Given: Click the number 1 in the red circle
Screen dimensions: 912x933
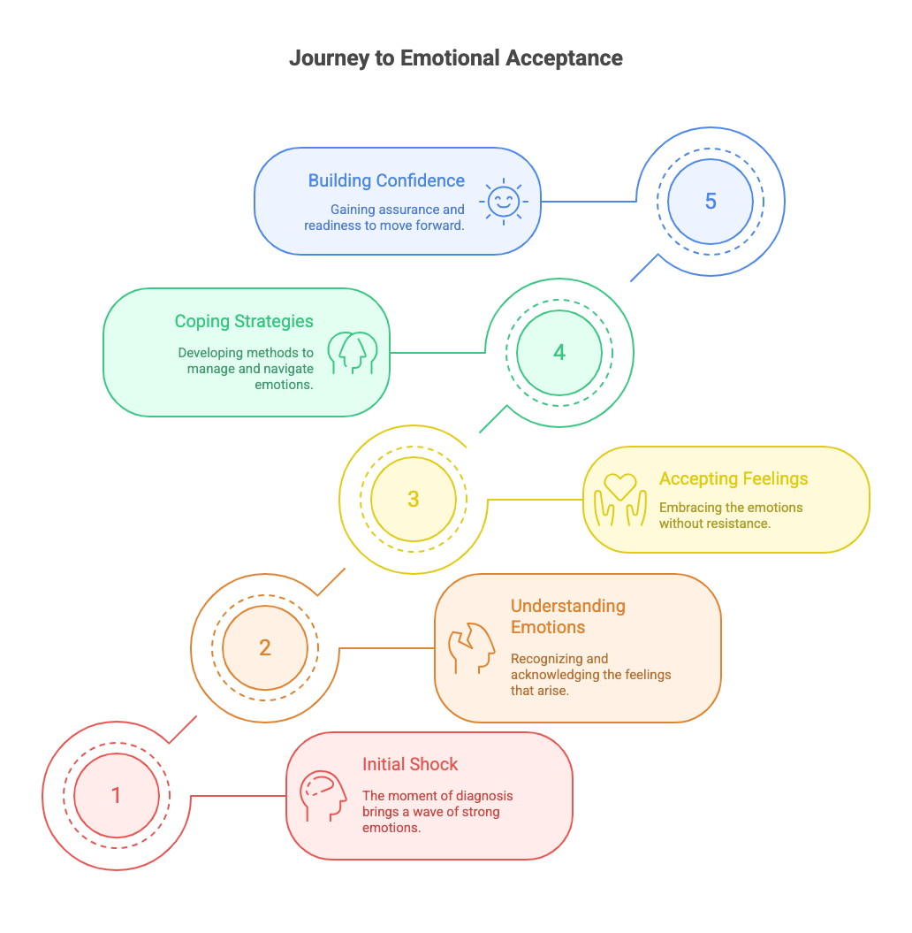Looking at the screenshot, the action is pyautogui.click(x=117, y=795).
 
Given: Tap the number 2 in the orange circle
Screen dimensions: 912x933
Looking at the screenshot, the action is pyautogui.click(x=265, y=647).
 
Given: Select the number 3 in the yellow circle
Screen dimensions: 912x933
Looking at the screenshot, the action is pyautogui.click(x=414, y=500).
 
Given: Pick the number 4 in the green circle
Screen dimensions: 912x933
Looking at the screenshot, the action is pyautogui.click(x=559, y=352).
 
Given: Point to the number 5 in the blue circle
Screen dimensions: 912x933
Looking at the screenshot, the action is pyautogui.click(x=711, y=201).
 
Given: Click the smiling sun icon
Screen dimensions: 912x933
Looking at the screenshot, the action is pyautogui.click(x=504, y=201).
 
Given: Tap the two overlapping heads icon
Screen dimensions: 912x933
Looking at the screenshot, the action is pyautogui.click(x=353, y=353).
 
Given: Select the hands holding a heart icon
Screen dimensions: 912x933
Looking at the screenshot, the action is pyautogui.click(x=620, y=500).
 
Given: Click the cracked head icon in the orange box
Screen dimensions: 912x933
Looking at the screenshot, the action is pyautogui.click(x=471, y=648).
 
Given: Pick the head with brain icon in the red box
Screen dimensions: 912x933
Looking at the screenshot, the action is pyautogui.click(x=323, y=796).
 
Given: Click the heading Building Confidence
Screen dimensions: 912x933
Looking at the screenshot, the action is pyautogui.click(x=386, y=180).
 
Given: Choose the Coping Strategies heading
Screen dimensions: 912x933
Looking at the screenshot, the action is pyautogui.click(x=244, y=321).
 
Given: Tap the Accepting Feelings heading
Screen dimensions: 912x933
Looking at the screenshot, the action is pyautogui.click(x=733, y=478).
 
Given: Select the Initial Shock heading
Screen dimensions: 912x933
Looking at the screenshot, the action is pyautogui.click(x=410, y=764).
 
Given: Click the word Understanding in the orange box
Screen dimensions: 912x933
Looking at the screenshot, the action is pyautogui.click(x=567, y=607).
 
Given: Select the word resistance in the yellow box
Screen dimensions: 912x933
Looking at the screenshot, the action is pyautogui.click(x=739, y=524).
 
